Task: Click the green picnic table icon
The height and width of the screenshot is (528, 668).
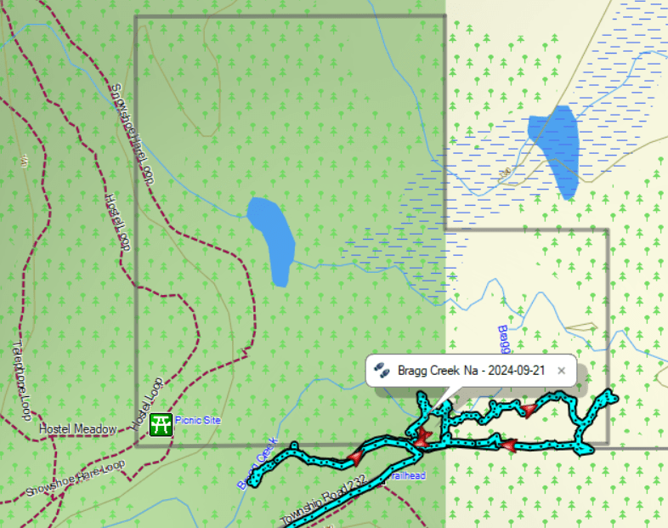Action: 160,423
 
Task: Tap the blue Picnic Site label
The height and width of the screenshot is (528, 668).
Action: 197,421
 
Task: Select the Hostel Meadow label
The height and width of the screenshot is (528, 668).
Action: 77,429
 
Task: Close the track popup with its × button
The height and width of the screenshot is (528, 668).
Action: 562,371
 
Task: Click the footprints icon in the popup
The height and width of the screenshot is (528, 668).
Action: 382,371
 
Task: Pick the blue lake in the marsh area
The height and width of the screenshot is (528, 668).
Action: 554,149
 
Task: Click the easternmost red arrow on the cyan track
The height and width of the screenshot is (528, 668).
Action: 529,412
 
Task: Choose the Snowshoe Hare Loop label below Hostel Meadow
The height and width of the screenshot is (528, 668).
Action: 75,478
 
